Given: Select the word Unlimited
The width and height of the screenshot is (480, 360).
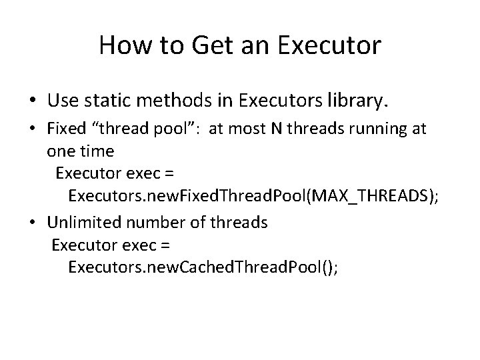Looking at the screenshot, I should point(84,222).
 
